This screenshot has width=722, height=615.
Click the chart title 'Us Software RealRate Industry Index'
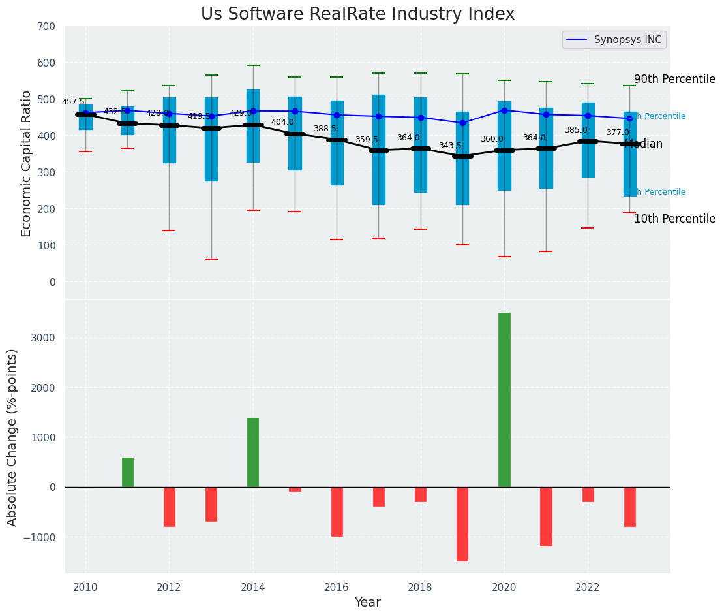click(x=357, y=14)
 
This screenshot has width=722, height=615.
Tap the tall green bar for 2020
click(x=504, y=400)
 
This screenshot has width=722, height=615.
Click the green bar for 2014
click(x=253, y=452)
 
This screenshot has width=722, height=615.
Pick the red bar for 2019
click(x=462, y=524)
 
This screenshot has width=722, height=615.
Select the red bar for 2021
click(x=546, y=516)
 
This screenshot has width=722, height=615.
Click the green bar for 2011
click(x=128, y=472)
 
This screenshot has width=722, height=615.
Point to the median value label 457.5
click(x=73, y=102)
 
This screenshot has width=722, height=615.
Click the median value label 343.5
click(x=449, y=146)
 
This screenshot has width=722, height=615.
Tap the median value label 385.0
click(x=575, y=130)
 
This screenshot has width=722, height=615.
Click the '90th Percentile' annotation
click(x=674, y=79)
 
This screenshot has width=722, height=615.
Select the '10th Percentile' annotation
click(x=674, y=219)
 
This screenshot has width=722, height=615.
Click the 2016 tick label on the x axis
click(x=337, y=587)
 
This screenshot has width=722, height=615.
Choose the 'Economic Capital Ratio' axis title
click(x=27, y=163)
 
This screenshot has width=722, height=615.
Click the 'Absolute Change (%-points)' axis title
click(x=12, y=437)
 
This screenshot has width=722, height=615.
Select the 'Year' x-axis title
click(x=367, y=602)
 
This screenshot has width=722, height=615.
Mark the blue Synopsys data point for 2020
click(x=504, y=110)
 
